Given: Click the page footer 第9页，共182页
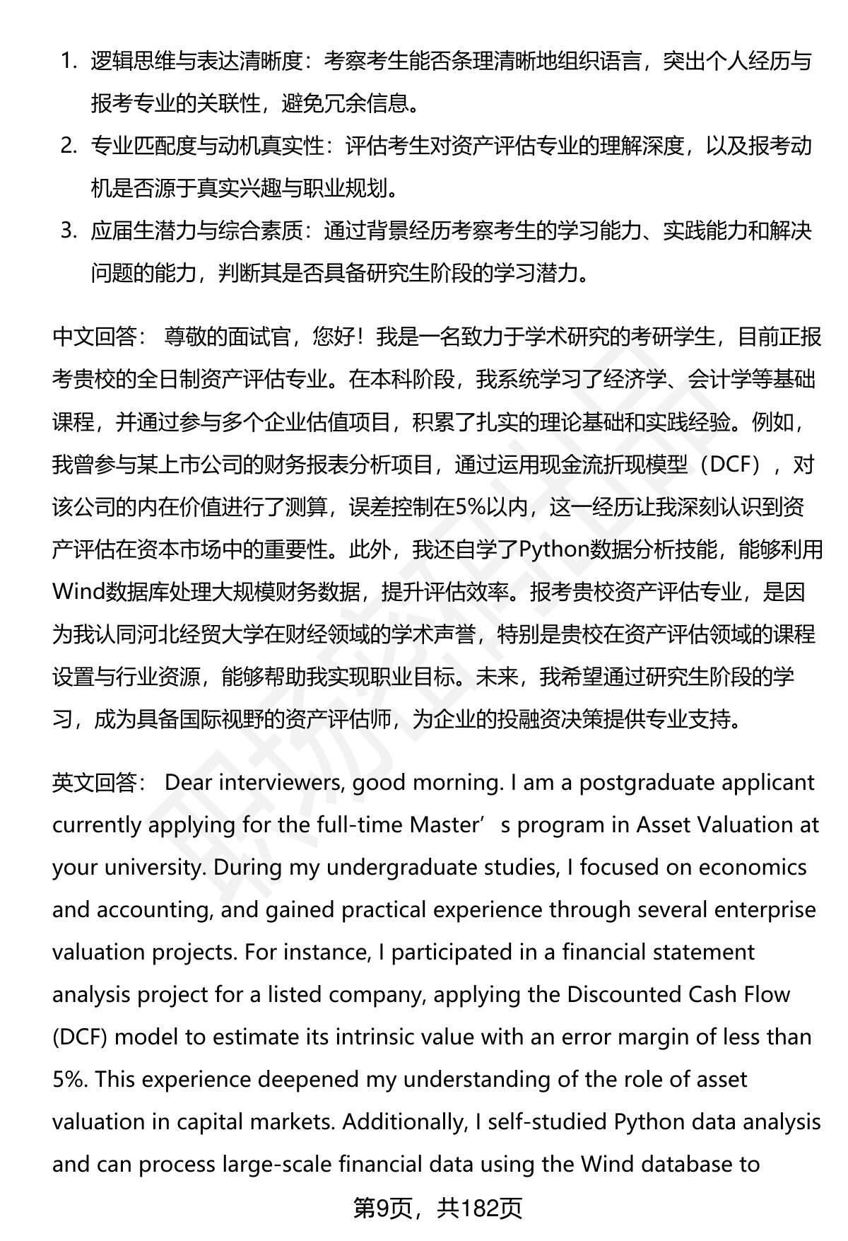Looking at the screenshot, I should (437, 1208).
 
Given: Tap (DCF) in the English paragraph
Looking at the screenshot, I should (79, 1037).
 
